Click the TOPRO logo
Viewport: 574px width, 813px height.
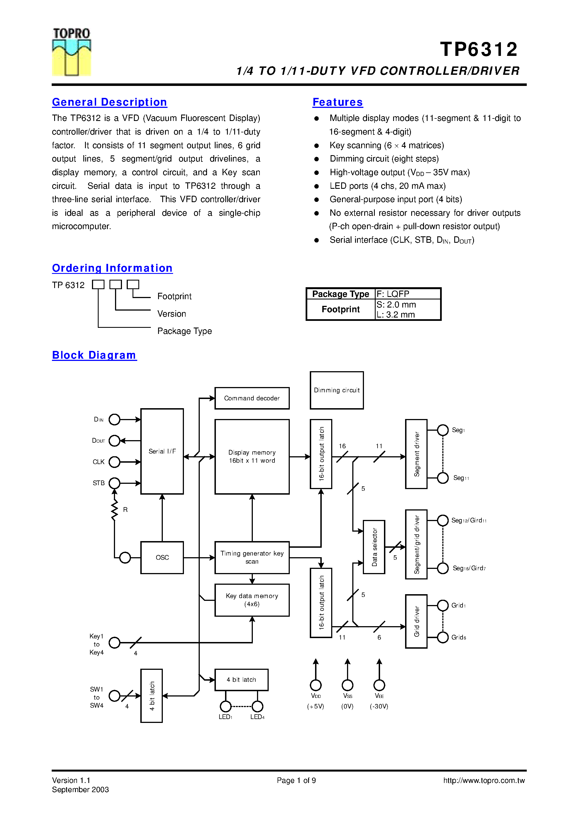pos(71,52)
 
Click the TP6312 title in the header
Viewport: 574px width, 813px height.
pos(479,49)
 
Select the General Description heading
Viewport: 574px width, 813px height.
pos(109,102)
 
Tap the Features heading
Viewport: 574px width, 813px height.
pos(338,102)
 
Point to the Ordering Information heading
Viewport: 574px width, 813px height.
pos(112,268)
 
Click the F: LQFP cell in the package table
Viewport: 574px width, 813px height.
pos(407,294)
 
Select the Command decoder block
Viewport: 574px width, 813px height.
pos(252,398)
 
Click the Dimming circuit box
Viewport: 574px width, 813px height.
pos(336,390)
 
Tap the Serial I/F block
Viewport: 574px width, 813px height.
pos(162,451)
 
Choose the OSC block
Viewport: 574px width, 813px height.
pos(162,557)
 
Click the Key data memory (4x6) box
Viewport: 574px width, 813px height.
pos(252,600)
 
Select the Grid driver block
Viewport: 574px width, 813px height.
pos(416,621)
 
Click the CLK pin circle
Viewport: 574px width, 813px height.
pos(114,462)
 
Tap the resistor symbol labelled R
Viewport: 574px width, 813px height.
pos(114,510)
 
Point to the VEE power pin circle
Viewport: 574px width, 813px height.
pos(379,685)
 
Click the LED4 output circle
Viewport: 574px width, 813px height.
pos(257,707)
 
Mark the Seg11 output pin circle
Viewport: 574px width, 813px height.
pos(443,478)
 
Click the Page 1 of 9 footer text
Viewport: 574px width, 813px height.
pos(296,780)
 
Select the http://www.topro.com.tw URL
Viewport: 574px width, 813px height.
pos(484,780)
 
